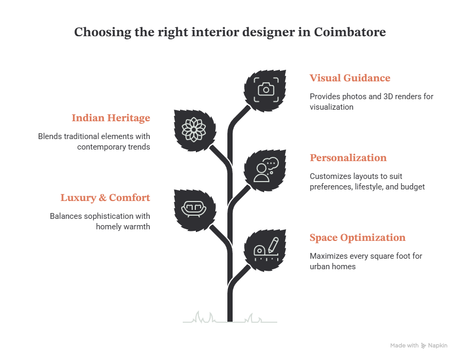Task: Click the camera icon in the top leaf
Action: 266,89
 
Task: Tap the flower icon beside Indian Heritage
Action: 194,130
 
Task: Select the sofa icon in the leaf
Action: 194,209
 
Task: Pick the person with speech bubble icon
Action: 266,170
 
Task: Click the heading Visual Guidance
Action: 350,78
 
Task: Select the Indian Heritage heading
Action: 111,118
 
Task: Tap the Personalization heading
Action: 348,158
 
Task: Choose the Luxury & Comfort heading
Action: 106,198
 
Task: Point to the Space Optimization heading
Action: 358,237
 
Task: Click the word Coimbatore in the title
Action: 350,32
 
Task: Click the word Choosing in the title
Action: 103,32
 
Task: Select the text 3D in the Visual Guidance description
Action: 388,97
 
